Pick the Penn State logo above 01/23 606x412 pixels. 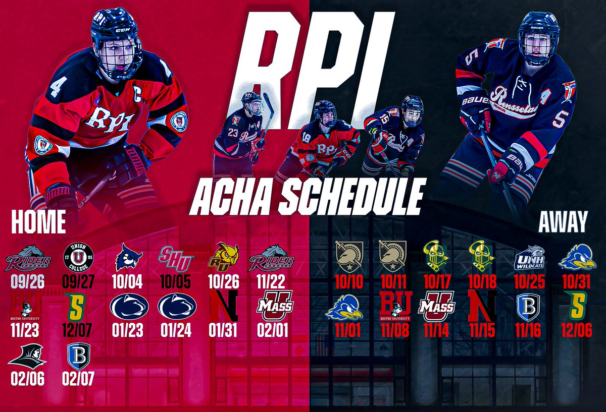[129, 306]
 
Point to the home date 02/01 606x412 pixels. [272, 330]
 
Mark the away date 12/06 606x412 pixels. [574, 330]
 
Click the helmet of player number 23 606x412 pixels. [251, 101]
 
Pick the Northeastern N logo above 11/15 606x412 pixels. [482, 305]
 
